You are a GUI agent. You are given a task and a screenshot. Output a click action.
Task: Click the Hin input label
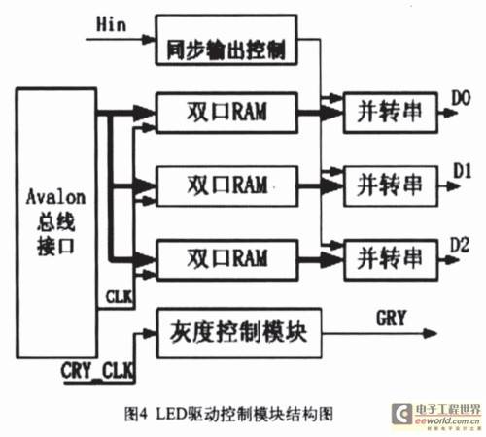pos(111,24)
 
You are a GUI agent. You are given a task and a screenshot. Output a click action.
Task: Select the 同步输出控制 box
pos(226,40)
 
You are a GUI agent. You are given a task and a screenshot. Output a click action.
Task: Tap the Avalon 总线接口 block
pos(56,223)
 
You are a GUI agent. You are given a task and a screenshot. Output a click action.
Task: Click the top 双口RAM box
pos(226,113)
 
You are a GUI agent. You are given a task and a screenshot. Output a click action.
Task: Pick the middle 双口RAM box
pos(226,185)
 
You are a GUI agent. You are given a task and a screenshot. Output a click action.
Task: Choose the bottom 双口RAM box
pos(226,259)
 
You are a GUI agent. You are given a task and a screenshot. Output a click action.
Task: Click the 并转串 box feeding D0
pos(391,113)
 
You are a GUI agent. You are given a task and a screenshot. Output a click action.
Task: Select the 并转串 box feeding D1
pos(391,185)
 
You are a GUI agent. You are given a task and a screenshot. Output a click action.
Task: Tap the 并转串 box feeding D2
pos(391,259)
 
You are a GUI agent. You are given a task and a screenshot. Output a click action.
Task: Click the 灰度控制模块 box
pos(239,333)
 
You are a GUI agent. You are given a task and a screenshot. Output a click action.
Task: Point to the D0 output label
pos(461,98)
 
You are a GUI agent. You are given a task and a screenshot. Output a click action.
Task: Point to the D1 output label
pos(462,170)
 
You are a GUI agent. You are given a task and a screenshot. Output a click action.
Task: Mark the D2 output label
pos(460,245)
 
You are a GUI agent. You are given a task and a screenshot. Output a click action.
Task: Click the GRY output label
pos(391,318)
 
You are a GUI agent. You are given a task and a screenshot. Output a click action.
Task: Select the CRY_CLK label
pos(97,370)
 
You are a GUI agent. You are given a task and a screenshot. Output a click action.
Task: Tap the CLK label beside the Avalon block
pos(119,296)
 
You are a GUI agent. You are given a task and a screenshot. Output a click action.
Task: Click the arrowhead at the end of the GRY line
pos(431,333)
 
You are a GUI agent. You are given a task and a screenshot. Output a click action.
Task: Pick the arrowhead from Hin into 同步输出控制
pos(149,40)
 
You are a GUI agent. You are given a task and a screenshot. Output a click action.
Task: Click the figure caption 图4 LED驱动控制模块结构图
pos(228,414)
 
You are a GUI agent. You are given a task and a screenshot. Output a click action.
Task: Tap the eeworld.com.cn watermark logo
pos(436,416)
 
